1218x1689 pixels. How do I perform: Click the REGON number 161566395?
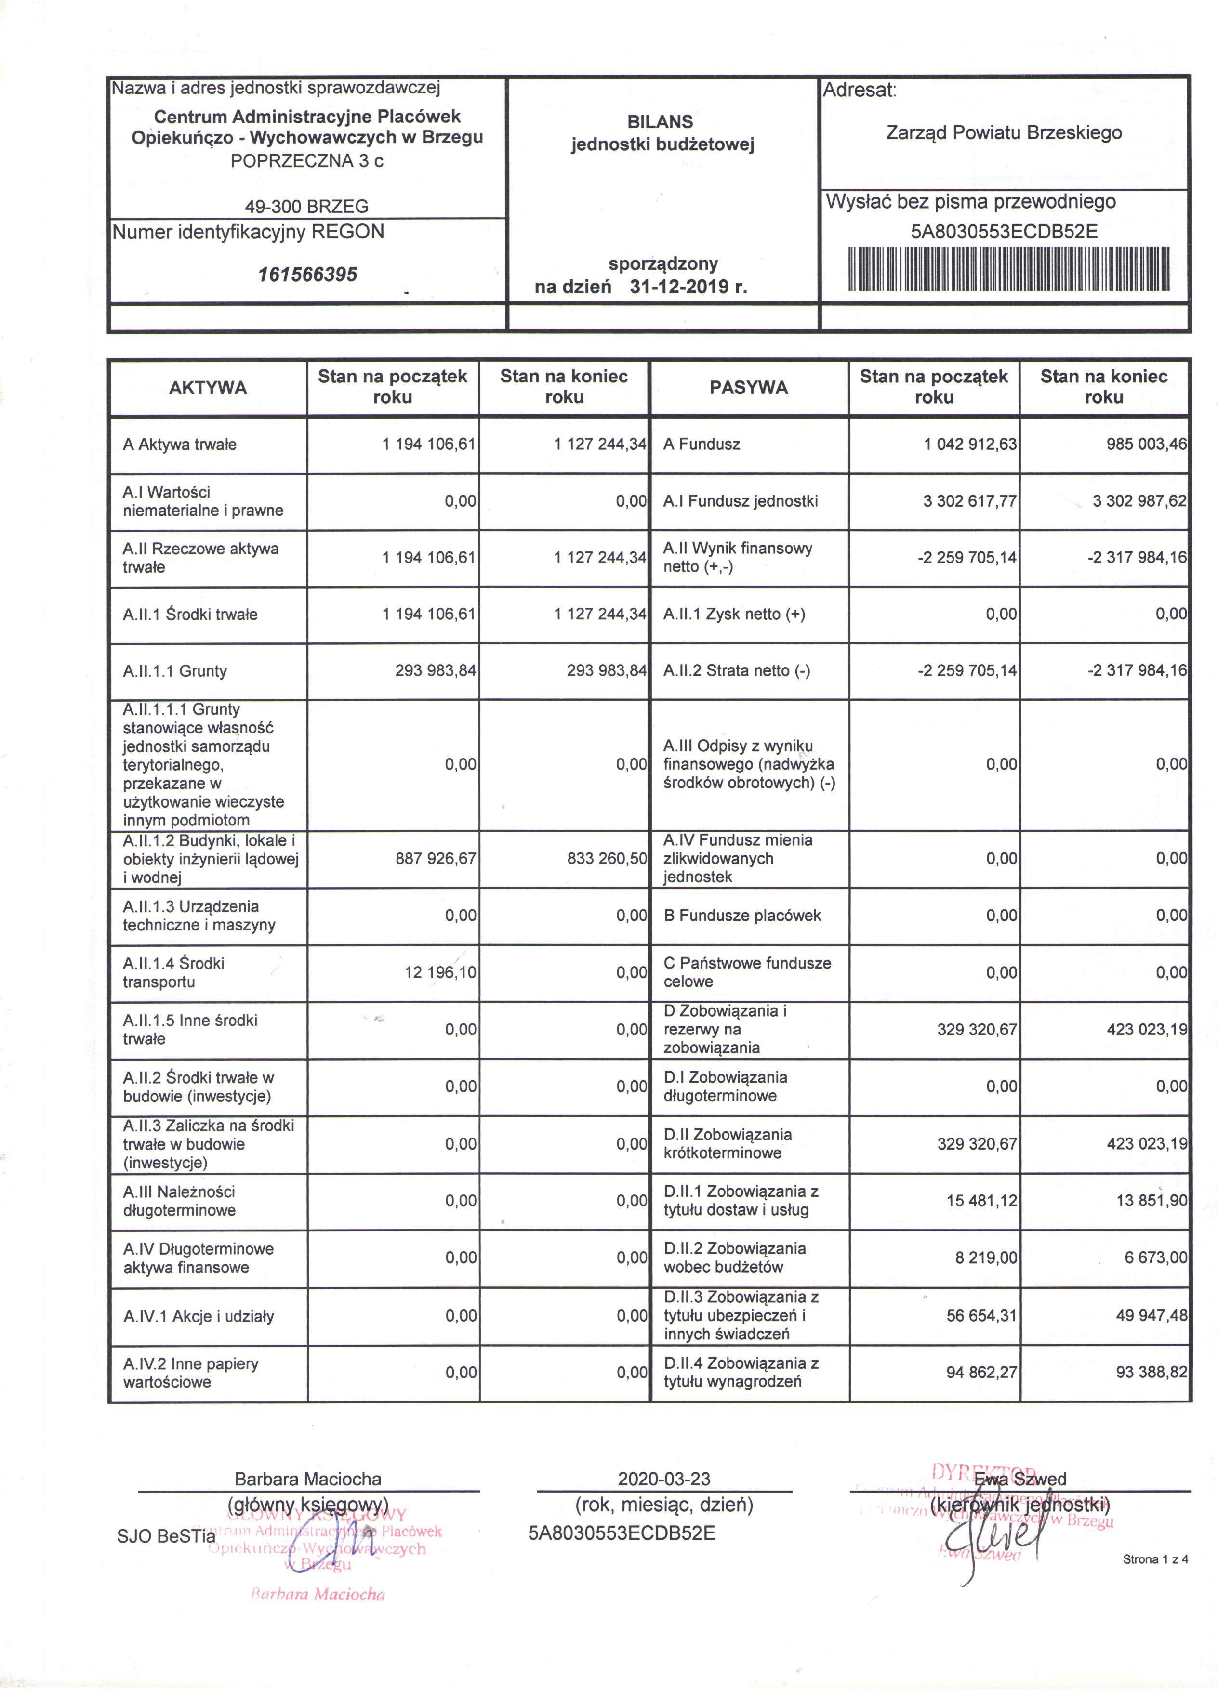point(308,275)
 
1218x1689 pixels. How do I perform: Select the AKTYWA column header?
point(208,387)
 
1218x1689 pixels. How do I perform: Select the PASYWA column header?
point(749,387)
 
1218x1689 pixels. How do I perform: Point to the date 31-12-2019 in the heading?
point(688,287)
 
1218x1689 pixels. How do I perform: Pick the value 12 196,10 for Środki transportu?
point(440,972)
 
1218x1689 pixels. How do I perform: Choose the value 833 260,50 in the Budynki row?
point(607,859)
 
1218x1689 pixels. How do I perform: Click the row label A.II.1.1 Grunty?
point(175,671)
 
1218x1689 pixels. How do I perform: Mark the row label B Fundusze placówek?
point(742,915)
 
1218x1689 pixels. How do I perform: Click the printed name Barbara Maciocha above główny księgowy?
point(308,1479)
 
